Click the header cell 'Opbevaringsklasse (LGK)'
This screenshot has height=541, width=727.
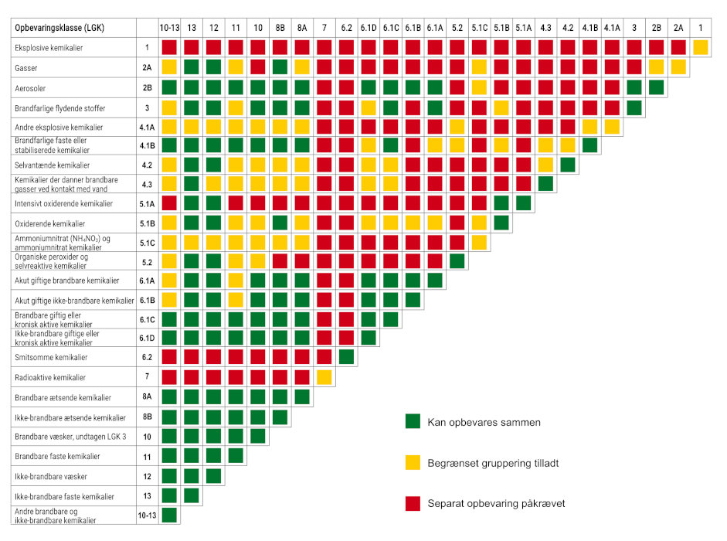click(59, 28)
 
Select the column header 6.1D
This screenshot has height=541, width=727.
click(369, 28)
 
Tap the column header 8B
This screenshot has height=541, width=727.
click(280, 28)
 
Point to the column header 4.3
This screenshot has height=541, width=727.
click(545, 28)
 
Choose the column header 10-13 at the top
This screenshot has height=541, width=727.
click(169, 28)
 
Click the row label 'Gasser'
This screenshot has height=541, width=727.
click(26, 68)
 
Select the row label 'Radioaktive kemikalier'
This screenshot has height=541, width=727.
click(51, 377)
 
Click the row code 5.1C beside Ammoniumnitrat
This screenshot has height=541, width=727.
click(147, 242)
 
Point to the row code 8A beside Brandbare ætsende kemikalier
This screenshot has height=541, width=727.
click(147, 397)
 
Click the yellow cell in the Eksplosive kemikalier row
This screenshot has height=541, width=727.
click(701, 48)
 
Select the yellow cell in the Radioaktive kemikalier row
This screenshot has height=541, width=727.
click(324, 377)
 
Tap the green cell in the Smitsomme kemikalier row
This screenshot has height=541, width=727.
click(347, 357)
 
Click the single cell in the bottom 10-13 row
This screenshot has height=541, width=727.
click(169, 514)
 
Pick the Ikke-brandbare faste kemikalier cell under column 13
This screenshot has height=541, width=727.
click(192, 495)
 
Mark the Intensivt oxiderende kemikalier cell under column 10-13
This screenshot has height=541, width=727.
click(169, 202)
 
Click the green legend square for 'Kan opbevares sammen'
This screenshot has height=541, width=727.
click(413, 422)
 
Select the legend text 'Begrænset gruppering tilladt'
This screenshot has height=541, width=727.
click(493, 463)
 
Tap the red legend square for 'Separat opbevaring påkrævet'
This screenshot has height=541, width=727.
click(413, 504)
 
